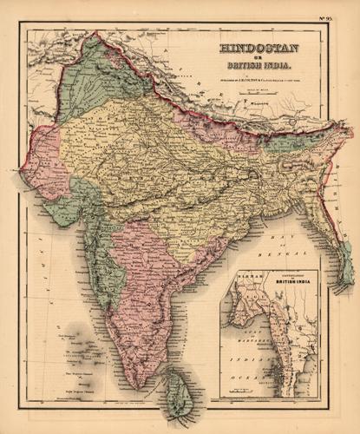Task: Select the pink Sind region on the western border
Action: (x=40, y=165)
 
